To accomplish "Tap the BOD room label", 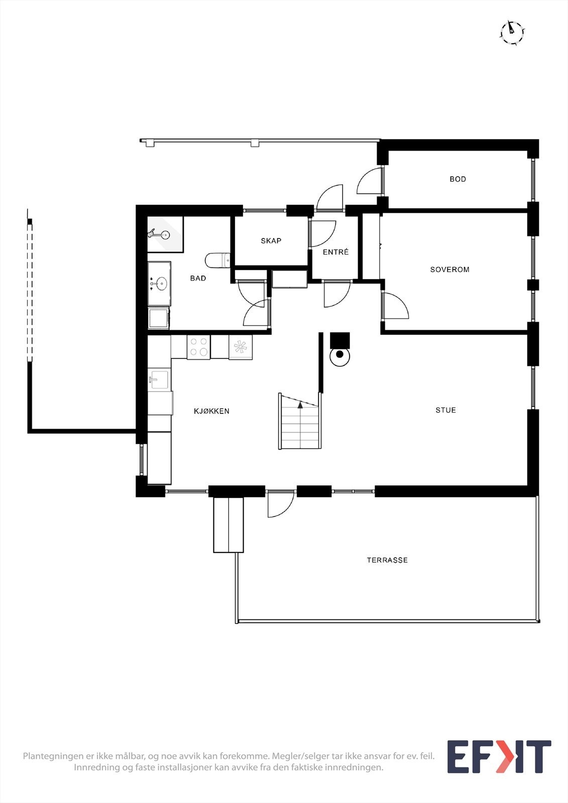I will (x=458, y=179).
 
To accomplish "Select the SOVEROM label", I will (x=449, y=270).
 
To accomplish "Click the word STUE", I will (x=445, y=410).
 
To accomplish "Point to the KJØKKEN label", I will (x=211, y=411).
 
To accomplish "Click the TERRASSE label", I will (x=387, y=560).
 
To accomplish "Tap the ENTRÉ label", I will (x=335, y=252).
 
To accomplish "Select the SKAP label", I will (x=271, y=241).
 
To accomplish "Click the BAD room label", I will (x=198, y=278).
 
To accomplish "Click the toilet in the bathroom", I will (x=217, y=260).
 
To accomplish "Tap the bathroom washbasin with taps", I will (x=159, y=284).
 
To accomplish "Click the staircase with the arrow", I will (x=300, y=422).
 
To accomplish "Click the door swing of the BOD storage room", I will (x=370, y=182).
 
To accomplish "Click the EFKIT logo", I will (x=499, y=756).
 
